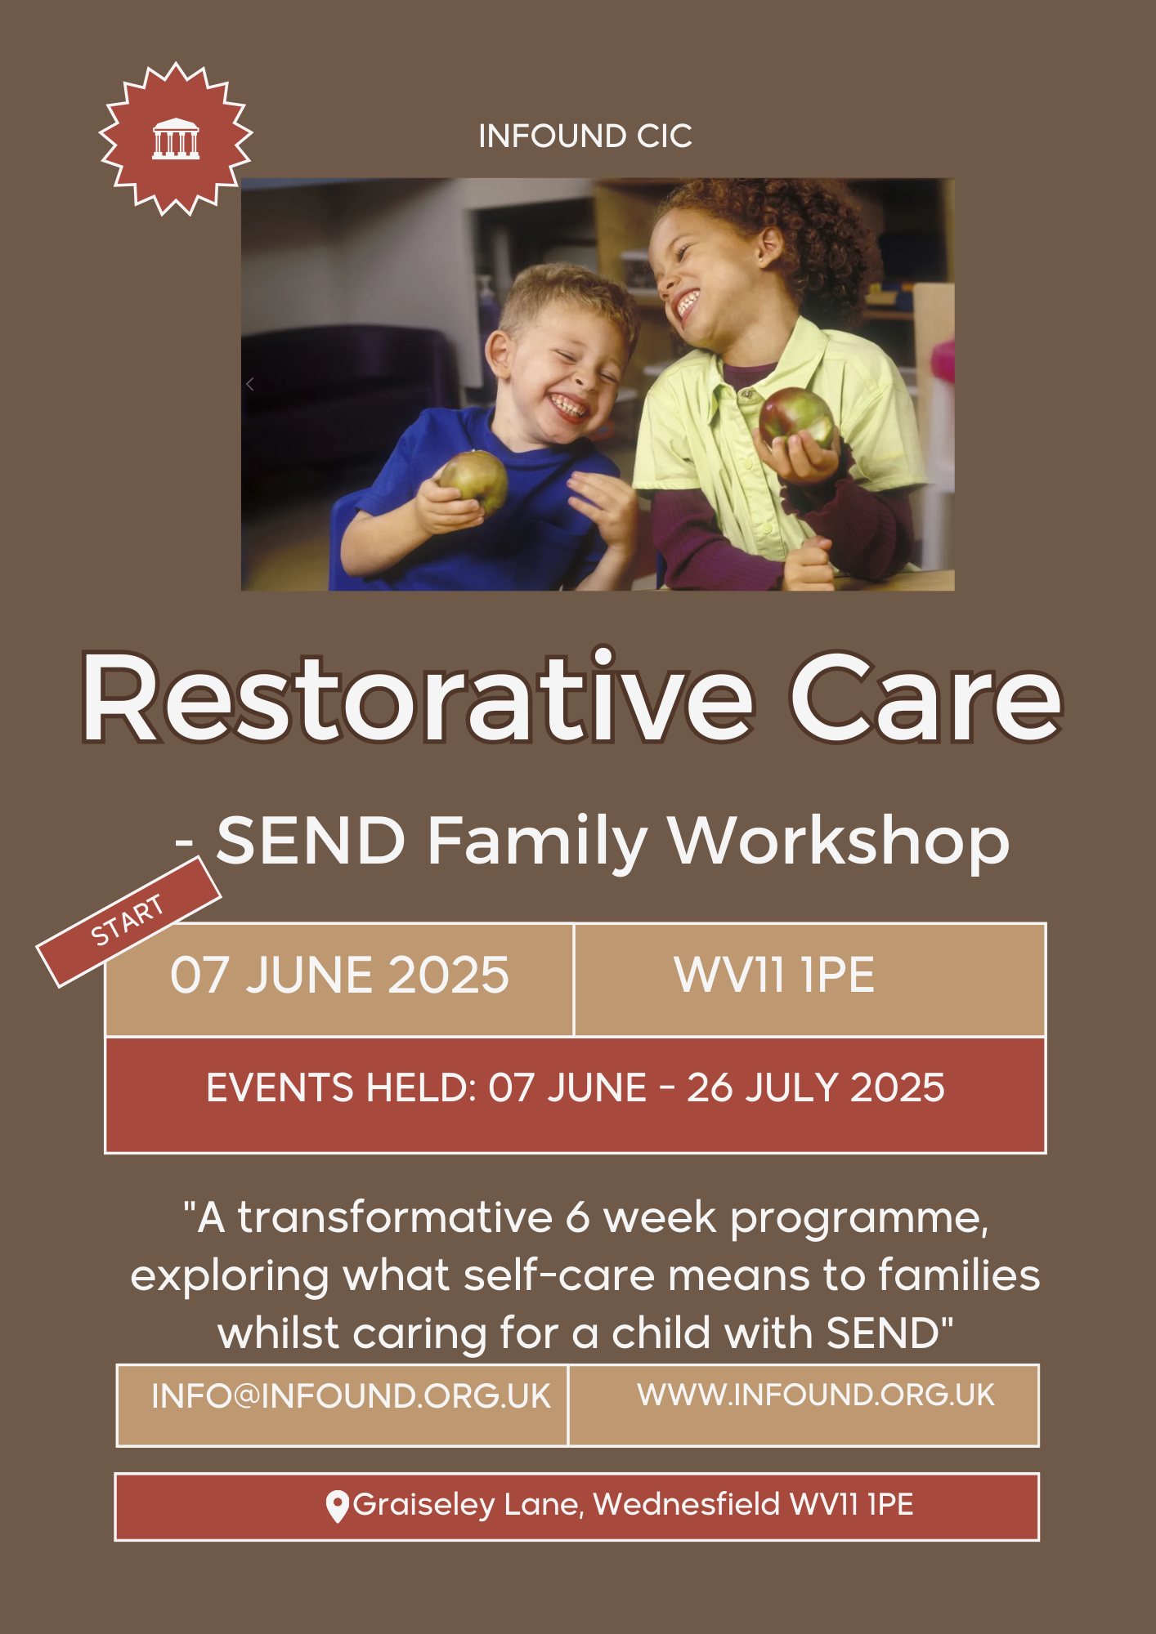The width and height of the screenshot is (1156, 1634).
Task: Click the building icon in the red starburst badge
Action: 176,138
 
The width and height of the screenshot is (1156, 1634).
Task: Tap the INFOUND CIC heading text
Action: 585,136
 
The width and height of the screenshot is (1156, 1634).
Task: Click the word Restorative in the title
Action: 418,698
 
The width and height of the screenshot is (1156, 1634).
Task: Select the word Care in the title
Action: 925,698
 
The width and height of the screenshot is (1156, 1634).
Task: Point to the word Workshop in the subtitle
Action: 840,841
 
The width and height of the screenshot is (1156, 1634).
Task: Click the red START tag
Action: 128,921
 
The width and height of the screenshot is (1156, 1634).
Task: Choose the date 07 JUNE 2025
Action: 339,975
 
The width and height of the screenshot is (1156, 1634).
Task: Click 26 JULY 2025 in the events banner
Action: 816,1087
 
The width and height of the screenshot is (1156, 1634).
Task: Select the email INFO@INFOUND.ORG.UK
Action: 351,1396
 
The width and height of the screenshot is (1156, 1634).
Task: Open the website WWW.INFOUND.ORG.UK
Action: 816,1395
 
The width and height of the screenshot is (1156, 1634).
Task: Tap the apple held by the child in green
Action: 796,418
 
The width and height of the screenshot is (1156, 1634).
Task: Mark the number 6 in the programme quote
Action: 578,1217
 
